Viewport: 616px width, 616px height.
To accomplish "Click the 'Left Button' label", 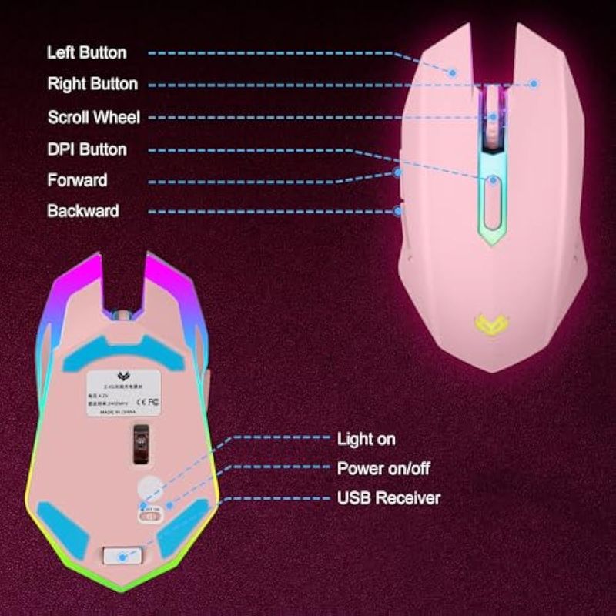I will pyautogui.click(x=86, y=52).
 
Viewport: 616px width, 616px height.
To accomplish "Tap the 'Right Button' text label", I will pyautogui.click(x=92, y=84).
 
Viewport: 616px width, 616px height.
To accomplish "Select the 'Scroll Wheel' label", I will pyautogui.click(x=93, y=117).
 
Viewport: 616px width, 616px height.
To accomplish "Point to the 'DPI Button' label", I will pyautogui.click(x=86, y=149).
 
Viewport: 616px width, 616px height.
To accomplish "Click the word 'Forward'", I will pyautogui.click(x=77, y=180).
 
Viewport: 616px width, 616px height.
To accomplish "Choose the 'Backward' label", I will pyautogui.click(x=83, y=210).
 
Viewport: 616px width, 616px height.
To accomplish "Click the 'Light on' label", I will pyautogui.click(x=366, y=439).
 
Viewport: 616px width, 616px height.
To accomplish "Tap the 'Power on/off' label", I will pyautogui.click(x=383, y=468).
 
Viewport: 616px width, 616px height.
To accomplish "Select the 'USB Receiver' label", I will pyautogui.click(x=388, y=497).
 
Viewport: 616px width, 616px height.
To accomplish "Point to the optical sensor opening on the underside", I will pyautogui.click(x=139, y=445).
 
